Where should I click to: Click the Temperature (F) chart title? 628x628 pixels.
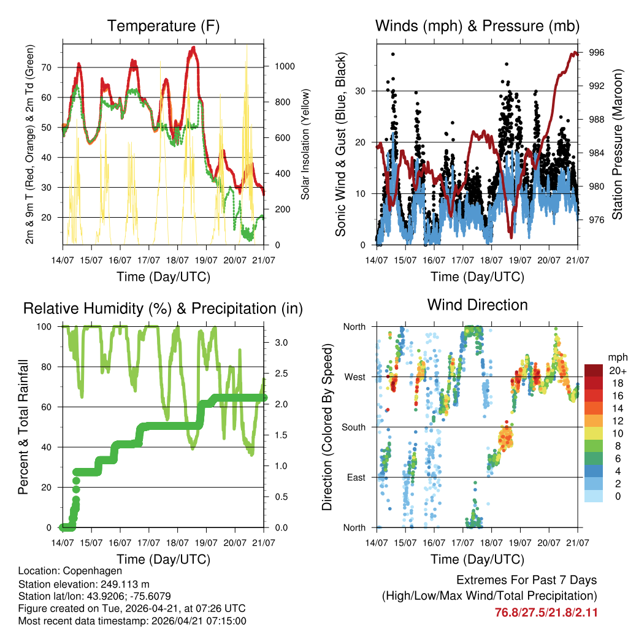(x=163, y=26)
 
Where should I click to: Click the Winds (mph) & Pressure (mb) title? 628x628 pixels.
(x=477, y=26)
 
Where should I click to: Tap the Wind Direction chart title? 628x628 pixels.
(x=477, y=305)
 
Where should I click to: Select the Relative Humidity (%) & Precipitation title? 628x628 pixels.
(x=163, y=308)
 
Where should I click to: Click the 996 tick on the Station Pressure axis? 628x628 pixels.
(x=596, y=53)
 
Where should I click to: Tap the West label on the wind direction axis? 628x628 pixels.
(x=354, y=377)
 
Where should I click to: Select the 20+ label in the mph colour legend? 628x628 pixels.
(x=617, y=371)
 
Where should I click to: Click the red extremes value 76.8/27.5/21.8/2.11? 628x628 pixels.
(x=546, y=612)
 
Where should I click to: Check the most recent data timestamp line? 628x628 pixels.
(x=132, y=621)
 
